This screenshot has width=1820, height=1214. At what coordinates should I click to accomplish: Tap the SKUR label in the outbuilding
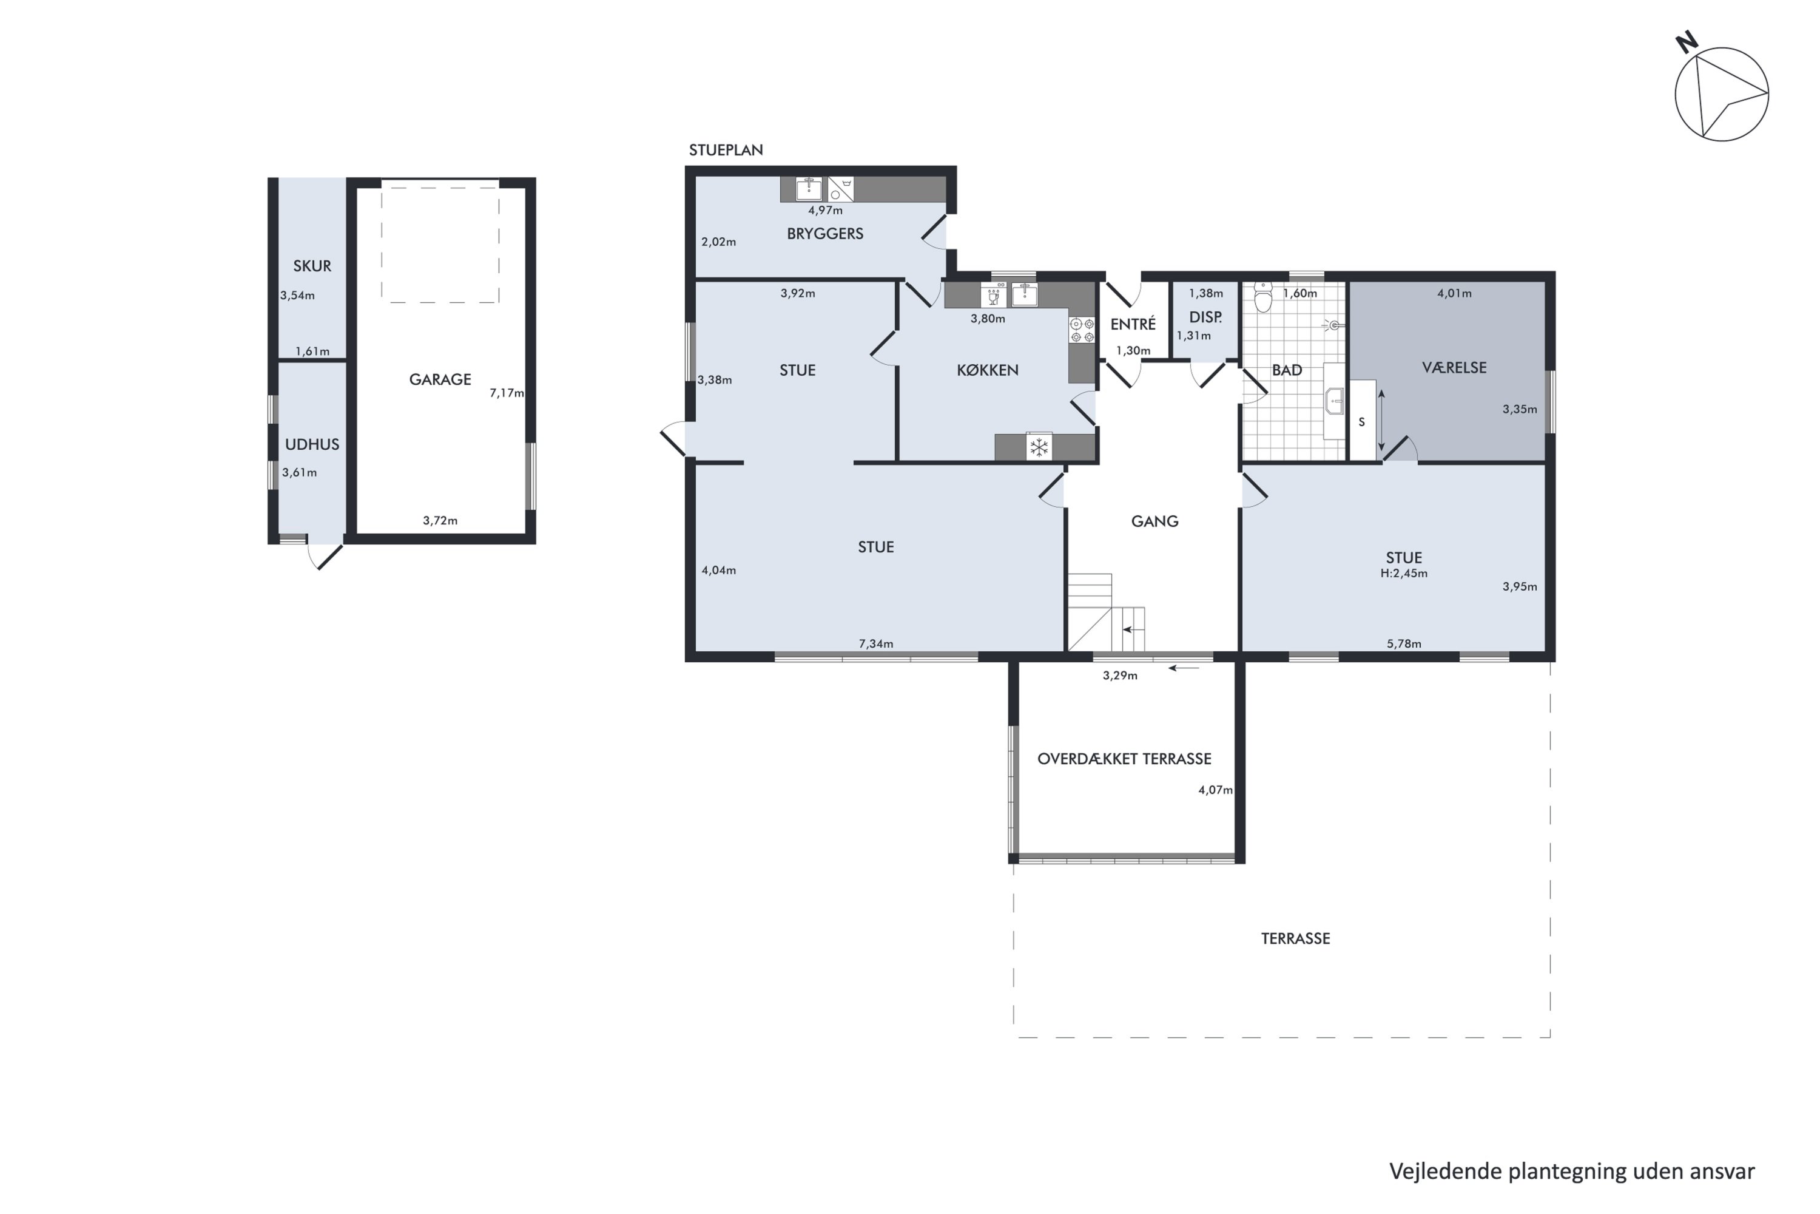pyautogui.click(x=312, y=266)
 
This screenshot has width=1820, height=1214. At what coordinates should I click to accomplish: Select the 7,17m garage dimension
pyautogui.click(x=507, y=393)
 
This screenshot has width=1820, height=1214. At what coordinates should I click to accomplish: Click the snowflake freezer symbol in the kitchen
pyautogui.click(x=1039, y=447)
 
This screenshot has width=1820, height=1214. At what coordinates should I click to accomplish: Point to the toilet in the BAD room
pyautogui.click(x=1263, y=297)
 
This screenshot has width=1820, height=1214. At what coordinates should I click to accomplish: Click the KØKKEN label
pyautogui.click(x=988, y=370)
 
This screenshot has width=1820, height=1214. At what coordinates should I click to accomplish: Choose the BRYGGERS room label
pyautogui.click(x=825, y=234)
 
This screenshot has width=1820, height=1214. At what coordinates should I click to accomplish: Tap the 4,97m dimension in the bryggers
pyautogui.click(x=825, y=211)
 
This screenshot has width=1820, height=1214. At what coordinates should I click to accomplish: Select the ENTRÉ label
pyautogui.click(x=1133, y=324)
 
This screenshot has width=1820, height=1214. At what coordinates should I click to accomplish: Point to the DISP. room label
pyautogui.click(x=1205, y=317)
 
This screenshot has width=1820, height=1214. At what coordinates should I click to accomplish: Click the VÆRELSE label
pyautogui.click(x=1454, y=368)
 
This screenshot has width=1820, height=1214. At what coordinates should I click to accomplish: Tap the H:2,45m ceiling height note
pyautogui.click(x=1404, y=574)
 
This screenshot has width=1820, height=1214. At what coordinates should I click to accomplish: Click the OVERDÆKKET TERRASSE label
pyautogui.click(x=1124, y=759)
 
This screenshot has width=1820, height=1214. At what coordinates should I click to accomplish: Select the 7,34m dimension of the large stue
pyautogui.click(x=876, y=644)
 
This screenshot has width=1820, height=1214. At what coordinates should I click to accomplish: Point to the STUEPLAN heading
pyautogui.click(x=726, y=150)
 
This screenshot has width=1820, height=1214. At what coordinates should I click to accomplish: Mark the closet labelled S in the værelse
pyautogui.click(x=1363, y=421)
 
